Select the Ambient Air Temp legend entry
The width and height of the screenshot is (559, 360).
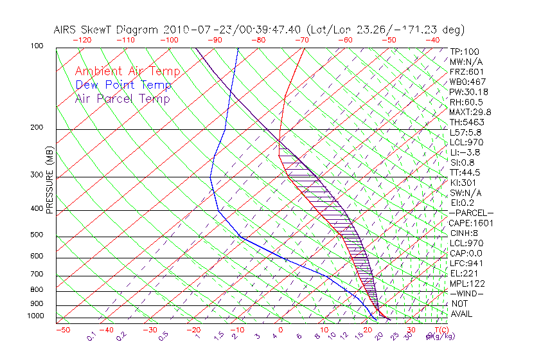[127, 71]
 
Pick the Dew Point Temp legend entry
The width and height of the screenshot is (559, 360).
[123, 85]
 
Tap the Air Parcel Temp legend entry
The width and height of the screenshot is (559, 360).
[122, 98]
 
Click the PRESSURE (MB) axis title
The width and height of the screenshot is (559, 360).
[49, 181]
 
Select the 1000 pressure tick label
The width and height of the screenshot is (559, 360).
[36, 316]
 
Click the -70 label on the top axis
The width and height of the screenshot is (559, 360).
[301, 40]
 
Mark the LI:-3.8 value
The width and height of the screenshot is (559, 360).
[465, 152]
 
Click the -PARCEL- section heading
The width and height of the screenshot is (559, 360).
[471, 213]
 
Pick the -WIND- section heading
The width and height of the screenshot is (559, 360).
[466, 293]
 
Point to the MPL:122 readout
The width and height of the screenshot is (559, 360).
[466, 283]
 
